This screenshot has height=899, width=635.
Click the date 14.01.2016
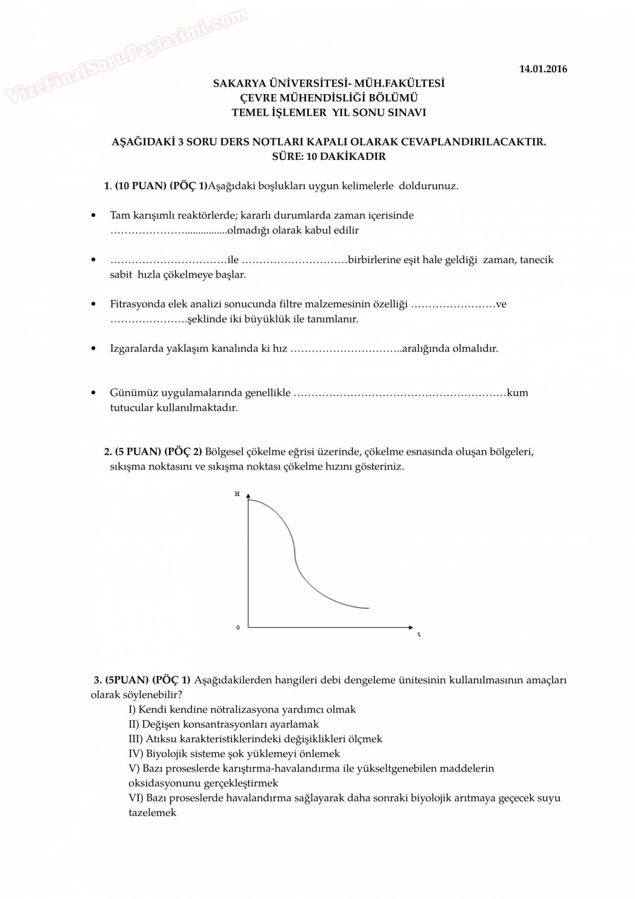(543, 69)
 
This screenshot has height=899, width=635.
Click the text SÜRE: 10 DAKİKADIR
(329, 157)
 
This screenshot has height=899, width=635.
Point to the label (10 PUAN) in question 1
(140, 186)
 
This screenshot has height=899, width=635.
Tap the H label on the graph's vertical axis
(237, 494)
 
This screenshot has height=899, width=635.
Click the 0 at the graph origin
(238, 628)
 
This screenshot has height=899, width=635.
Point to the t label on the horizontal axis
(419, 635)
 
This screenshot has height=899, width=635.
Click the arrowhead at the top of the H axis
(248, 496)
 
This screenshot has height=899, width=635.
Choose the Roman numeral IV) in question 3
(136, 754)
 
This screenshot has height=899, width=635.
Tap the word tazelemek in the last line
(152, 813)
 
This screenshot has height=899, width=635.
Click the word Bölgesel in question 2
(225, 452)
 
